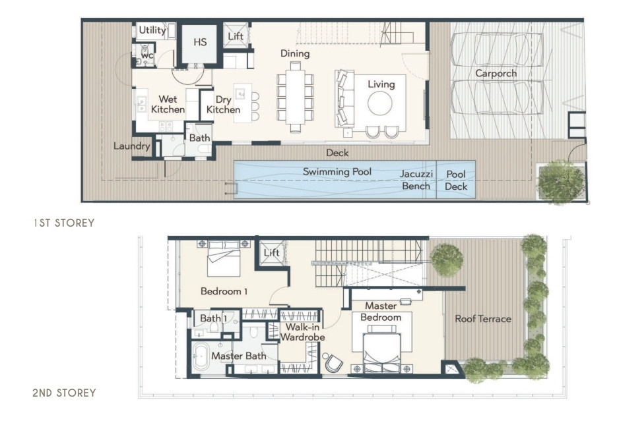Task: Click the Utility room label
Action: pos(152,30)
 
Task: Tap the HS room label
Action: pos(200,42)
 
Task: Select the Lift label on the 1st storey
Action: pos(236,36)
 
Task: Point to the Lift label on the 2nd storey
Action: pos(271,252)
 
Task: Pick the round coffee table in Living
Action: pos(380,103)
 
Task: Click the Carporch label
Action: pos(496,74)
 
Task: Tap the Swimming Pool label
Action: pos(337,172)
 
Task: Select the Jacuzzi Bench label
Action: pos(416,180)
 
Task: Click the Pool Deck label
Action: pos(456,180)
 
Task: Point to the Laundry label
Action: pos(132,146)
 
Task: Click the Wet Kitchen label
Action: pos(168,104)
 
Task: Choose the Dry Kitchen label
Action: pos(223,105)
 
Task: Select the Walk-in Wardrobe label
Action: pos(303,332)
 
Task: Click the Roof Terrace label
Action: pos(483,319)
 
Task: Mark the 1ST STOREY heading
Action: pos(64,223)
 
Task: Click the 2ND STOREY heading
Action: pos(64,393)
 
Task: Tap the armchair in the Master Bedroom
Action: pos(333,364)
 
